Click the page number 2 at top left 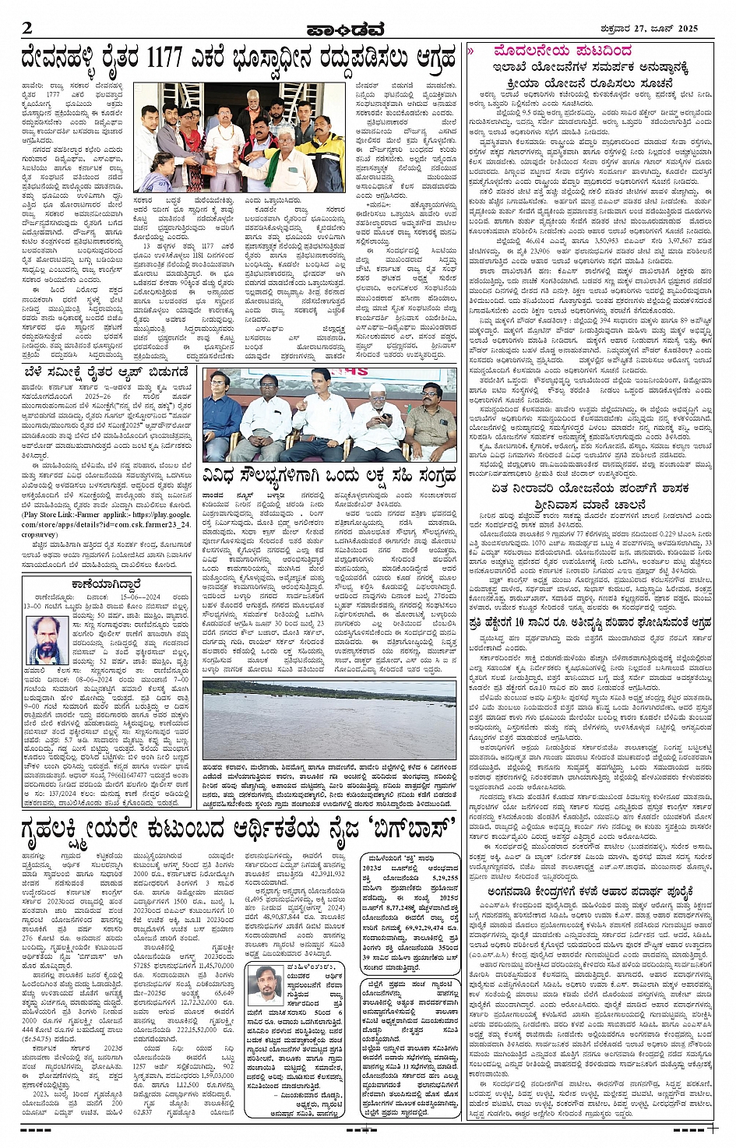(x=27, y=28)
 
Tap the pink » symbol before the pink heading (x=471, y=51)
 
